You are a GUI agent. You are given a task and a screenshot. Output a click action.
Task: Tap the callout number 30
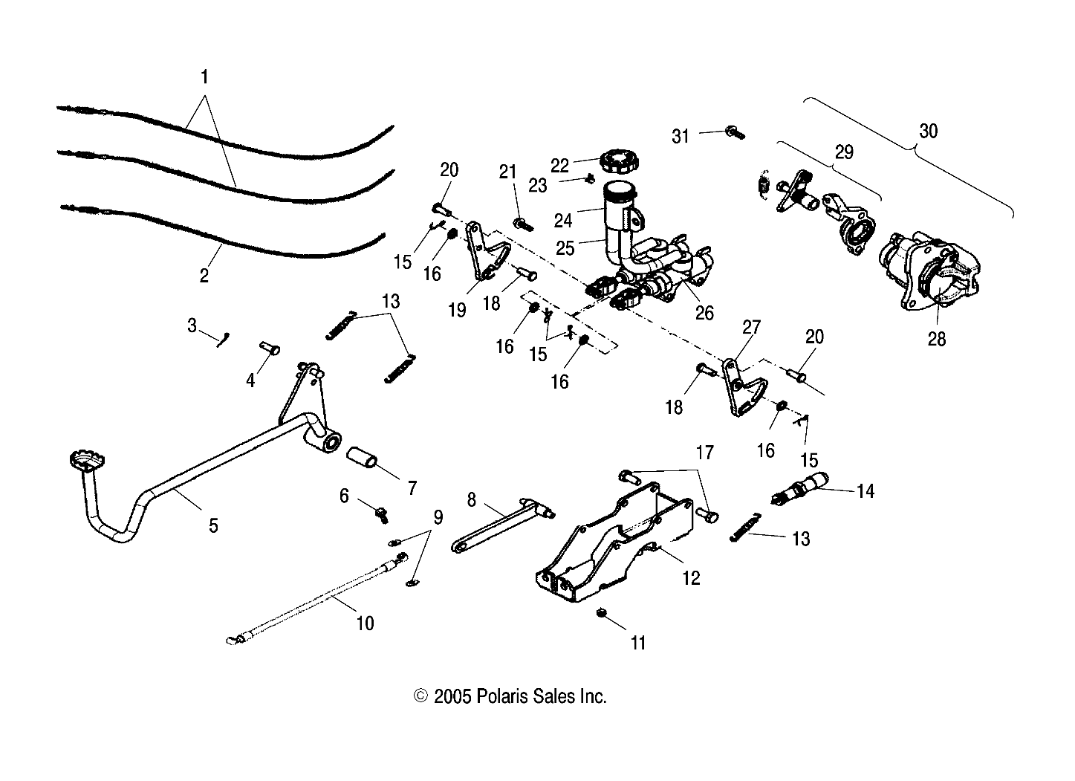coord(928,132)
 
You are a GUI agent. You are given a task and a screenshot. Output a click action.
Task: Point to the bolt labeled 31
coord(735,134)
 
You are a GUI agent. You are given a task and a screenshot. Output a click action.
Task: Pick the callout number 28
coord(937,339)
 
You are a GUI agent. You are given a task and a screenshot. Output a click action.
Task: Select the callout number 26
coord(704,313)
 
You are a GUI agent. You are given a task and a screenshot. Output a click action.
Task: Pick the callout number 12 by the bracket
coord(691,577)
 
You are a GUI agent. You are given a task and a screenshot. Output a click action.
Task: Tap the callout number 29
coord(844,152)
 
